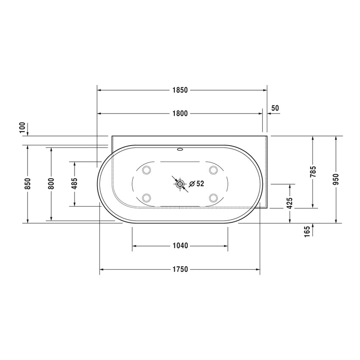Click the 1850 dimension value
(180, 90)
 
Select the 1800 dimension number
(180, 114)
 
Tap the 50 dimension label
(275, 108)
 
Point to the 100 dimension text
(23, 127)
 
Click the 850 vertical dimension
(28, 183)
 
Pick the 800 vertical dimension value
(51, 183)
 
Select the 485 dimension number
(75, 183)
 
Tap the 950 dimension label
(336, 179)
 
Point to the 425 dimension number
(290, 203)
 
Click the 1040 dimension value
(180, 246)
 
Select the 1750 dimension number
(180, 269)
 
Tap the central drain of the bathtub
(180, 184)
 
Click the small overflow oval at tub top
(180, 149)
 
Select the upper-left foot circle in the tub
(147, 170)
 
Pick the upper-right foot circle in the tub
(213, 170)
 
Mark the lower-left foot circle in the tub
(147, 197)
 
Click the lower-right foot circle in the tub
(213, 197)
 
